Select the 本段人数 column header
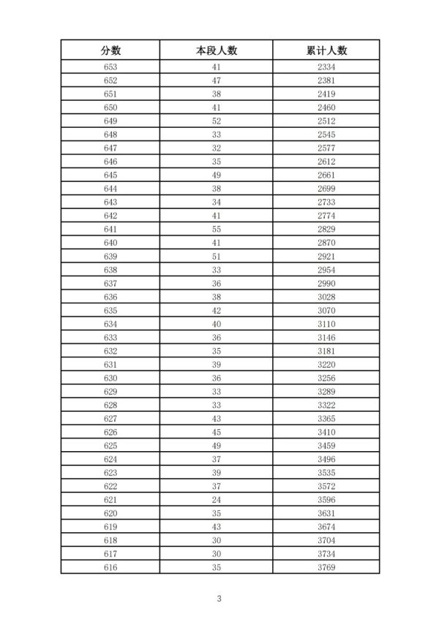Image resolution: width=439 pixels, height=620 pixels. coord(217,50)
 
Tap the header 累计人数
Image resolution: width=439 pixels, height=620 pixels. coord(326,50)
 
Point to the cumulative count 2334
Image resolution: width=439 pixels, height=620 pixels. coord(326,67)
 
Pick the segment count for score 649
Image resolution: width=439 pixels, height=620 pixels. coord(217,121)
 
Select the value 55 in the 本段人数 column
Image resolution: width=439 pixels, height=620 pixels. coord(217,229)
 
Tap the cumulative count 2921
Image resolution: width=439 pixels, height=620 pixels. coord(326,256)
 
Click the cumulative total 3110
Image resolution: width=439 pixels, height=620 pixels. coord(326,324)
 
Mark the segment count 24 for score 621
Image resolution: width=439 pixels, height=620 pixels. coord(217,499)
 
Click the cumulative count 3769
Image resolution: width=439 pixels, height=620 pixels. coord(326,567)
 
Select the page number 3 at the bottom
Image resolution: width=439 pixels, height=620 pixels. coord(219,599)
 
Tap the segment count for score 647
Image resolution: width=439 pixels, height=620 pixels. coord(217,148)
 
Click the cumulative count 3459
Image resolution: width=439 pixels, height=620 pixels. coord(326,445)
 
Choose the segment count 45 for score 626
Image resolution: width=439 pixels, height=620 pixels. coord(217,432)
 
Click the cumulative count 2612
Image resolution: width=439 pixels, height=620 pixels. coord(326,162)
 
